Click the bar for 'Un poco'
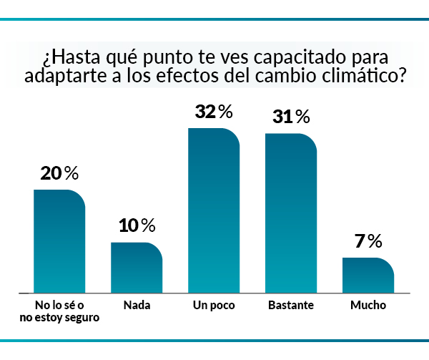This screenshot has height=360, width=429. point(214,211)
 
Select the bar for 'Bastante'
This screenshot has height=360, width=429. point(291,213)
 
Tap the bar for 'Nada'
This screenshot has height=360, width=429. point(137,268)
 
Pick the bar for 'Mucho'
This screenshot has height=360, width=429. point(368,276)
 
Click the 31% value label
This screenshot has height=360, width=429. point(291,117)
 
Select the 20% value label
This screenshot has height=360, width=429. point(59,173)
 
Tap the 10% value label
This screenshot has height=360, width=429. point(137,226)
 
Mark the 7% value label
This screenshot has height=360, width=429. point(368,241)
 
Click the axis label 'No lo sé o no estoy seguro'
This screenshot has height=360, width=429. point(59,311)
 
